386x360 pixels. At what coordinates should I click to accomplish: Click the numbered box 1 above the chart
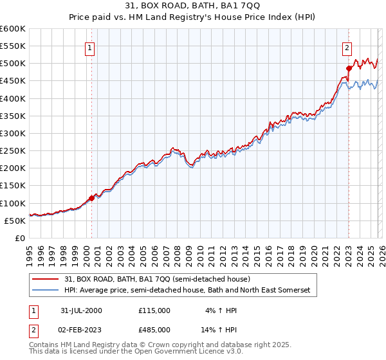tap(89, 47)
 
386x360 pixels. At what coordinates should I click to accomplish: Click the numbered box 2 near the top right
tap(347, 47)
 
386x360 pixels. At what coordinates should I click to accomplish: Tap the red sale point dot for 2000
tap(91, 198)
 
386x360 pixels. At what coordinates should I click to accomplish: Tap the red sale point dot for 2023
tap(349, 68)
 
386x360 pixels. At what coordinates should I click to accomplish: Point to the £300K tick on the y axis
tap(12, 134)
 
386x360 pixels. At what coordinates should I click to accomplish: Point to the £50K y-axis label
tap(15, 221)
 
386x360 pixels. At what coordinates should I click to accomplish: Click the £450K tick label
tap(12, 82)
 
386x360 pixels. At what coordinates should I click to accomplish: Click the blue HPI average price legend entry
tap(187, 291)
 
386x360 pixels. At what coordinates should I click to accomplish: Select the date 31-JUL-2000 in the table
tap(81, 310)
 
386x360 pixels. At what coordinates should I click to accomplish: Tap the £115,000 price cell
tap(154, 310)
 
